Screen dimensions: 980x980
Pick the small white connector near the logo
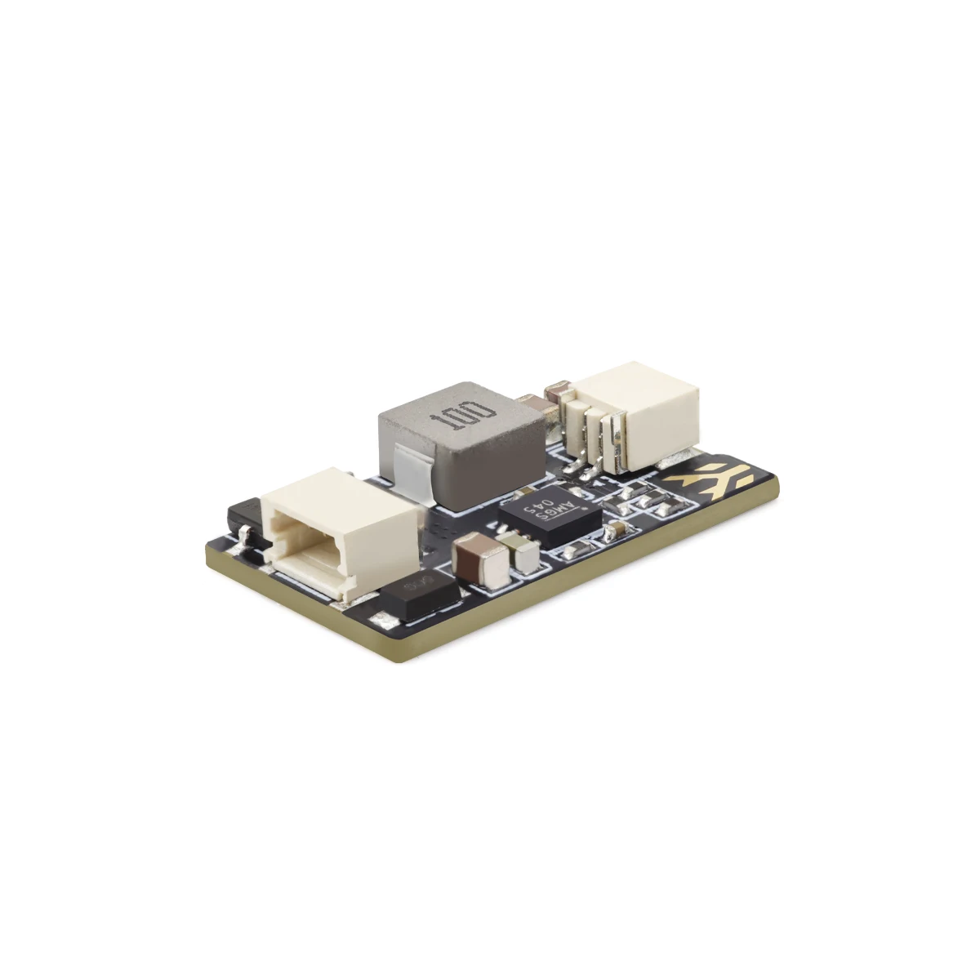(645, 408)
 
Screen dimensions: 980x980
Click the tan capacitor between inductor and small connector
(532, 403)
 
